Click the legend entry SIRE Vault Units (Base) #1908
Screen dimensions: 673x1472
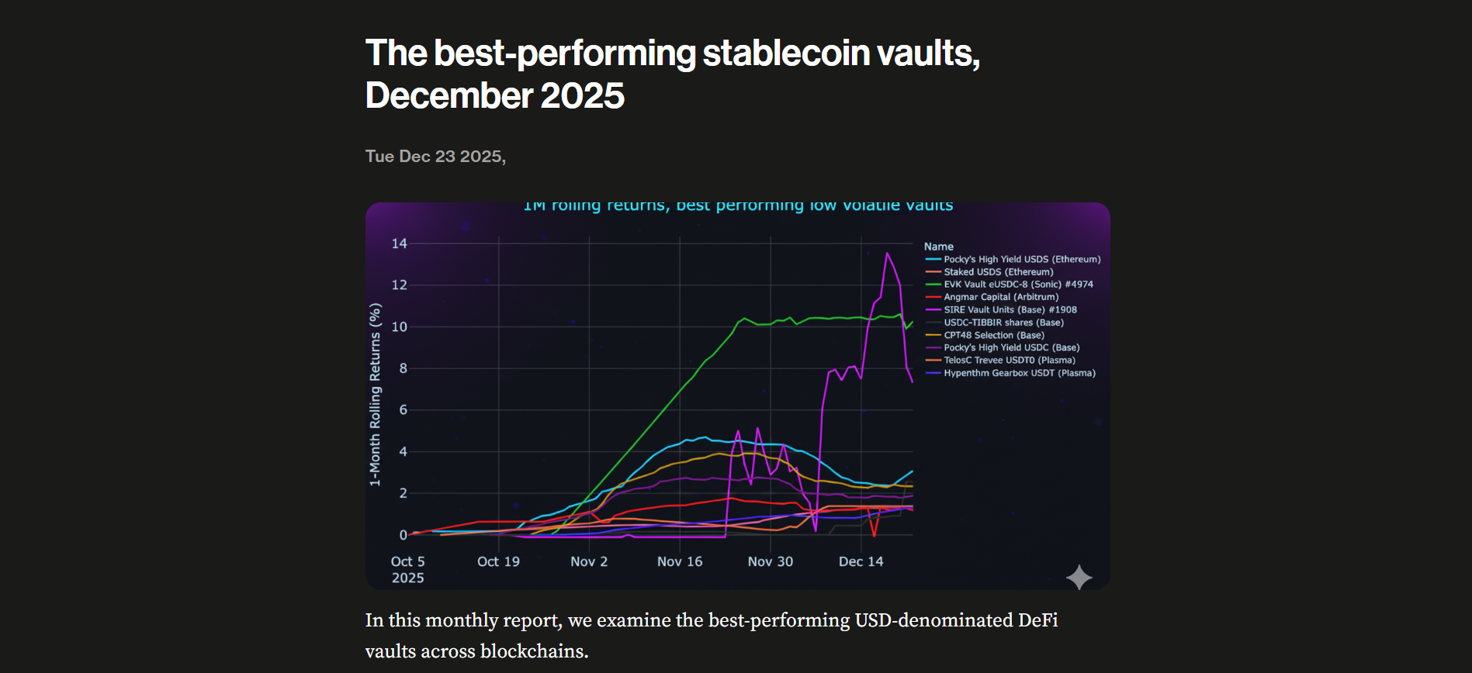[1010, 309]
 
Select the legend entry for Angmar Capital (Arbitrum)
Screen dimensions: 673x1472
[1001, 297]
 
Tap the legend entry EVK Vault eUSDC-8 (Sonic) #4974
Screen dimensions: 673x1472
[1018, 285]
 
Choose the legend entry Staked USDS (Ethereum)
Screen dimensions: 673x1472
[998, 272]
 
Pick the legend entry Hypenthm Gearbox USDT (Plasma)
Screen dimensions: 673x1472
[1020, 373]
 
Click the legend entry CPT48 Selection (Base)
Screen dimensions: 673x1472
[994, 335]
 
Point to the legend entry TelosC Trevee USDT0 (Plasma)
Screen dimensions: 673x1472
[1010, 361]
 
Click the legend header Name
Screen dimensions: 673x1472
[938, 247]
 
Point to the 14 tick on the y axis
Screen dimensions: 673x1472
[399, 243]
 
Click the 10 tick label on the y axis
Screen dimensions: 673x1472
[399, 327]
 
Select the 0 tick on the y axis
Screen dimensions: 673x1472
[403, 535]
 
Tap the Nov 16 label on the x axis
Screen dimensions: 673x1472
[679, 561]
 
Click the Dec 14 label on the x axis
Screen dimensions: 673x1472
[861, 561]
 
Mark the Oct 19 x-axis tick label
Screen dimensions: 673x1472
[498, 561]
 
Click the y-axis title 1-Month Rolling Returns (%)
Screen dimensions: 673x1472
[376, 395]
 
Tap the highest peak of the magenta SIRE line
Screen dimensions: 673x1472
[887, 254]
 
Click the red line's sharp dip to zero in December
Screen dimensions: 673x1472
[874, 535]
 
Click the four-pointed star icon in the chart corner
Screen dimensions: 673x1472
[1079, 577]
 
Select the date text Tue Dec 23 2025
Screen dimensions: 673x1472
[435, 157]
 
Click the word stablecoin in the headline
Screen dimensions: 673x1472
[786, 53]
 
